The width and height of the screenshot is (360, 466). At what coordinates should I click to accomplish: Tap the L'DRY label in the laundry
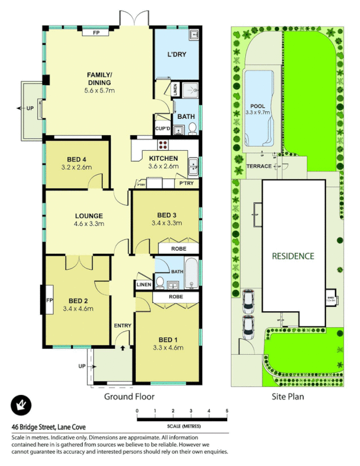(176, 54)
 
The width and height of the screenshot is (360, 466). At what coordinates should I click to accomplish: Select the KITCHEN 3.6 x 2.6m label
(163, 163)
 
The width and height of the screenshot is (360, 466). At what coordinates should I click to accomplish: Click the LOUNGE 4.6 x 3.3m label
(89, 219)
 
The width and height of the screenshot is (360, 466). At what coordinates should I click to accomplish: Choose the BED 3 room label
(167, 218)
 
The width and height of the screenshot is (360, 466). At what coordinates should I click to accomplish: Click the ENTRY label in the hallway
(122, 326)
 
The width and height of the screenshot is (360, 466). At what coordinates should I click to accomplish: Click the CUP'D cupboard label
(162, 129)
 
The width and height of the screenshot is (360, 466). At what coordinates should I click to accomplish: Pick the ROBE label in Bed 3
(178, 249)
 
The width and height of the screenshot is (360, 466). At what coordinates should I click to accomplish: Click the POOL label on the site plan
(257, 107)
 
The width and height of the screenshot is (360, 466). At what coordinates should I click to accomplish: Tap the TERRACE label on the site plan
(259, 166)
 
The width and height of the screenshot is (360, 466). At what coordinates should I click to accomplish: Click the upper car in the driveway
(248, 300)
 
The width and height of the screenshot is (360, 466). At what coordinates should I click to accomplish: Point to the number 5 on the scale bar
(226, 411)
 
